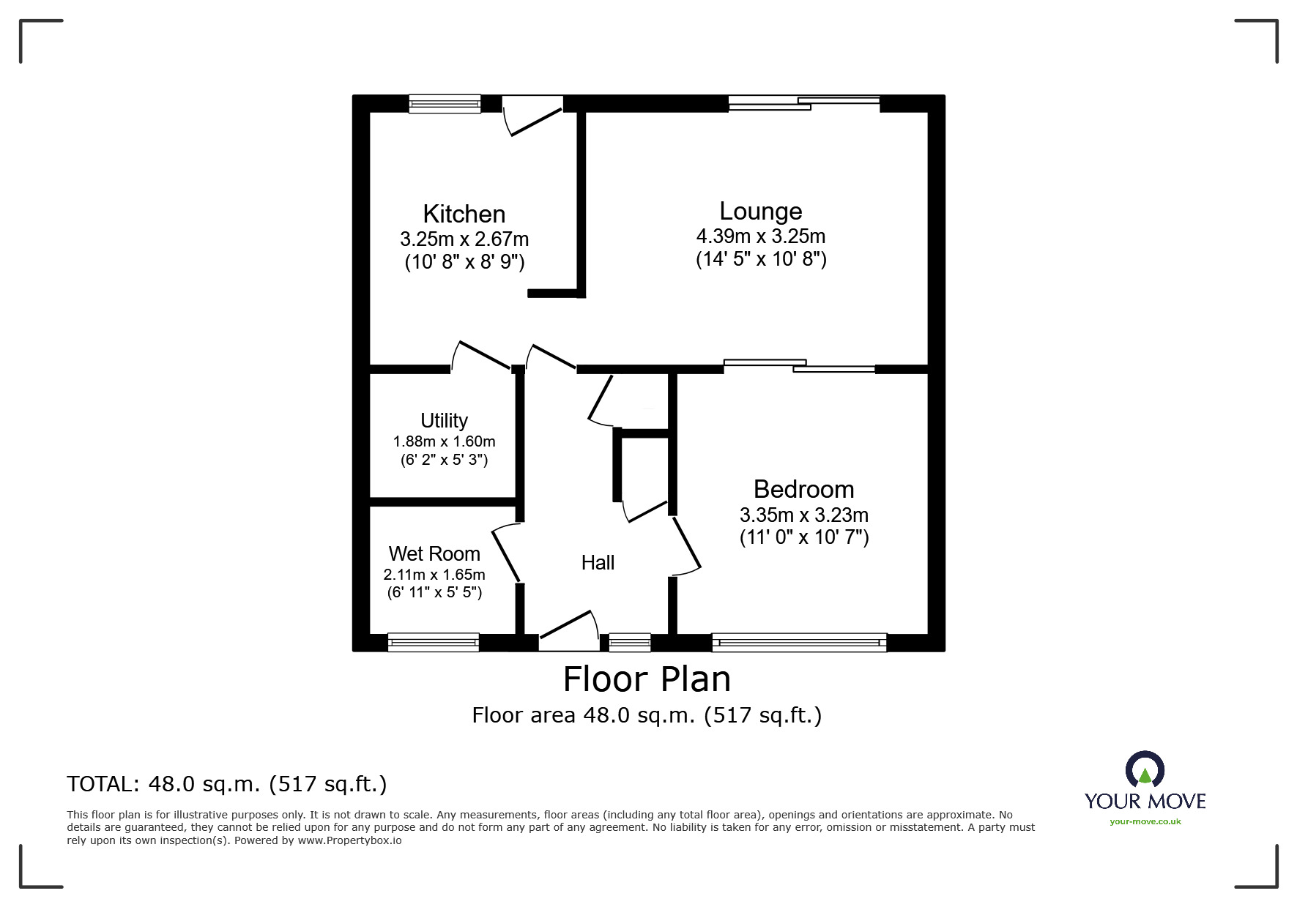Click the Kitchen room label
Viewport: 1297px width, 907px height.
pyautogui.click(x=464, y=214)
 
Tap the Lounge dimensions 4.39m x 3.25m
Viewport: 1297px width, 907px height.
pyautogui.click(x=760, y=236)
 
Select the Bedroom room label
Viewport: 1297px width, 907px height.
pyautogui.click(x=803, y=489)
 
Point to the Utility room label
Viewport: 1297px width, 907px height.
pyautogui.click(x=444, y=420)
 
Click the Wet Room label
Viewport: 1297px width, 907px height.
pyautogui.click(x=434, y=553)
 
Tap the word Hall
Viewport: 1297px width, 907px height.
pyautogui.click(x=598, y=562)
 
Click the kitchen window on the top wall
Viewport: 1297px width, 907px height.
pyautogui.click(x=445, y=104)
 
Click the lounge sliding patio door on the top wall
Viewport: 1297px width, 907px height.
pyautogui.click(x=804, y=103)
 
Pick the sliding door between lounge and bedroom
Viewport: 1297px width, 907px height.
pyautogui.click(x=799, y=366)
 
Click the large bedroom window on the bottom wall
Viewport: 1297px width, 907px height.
pyautogui.click(x=799, y=643)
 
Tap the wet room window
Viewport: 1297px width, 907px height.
pyautogui.click(x=433, y=643)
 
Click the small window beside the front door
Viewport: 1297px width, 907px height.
pyautogui.click(x=630, y=643)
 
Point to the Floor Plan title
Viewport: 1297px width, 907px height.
pyautogui.click(x=647, y=679)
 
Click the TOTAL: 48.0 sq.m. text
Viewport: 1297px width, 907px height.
pyautogui.click(x=226, y=784)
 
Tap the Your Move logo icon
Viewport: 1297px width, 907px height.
pyautogui.click(x=1145, y=770)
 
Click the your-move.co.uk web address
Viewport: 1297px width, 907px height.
pyautogui.click(x=1145, y=821)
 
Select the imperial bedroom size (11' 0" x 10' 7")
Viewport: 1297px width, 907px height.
pyautogui.click(x=803, y=537)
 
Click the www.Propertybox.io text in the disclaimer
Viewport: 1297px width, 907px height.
pyautogui.click(x=349, y=840)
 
